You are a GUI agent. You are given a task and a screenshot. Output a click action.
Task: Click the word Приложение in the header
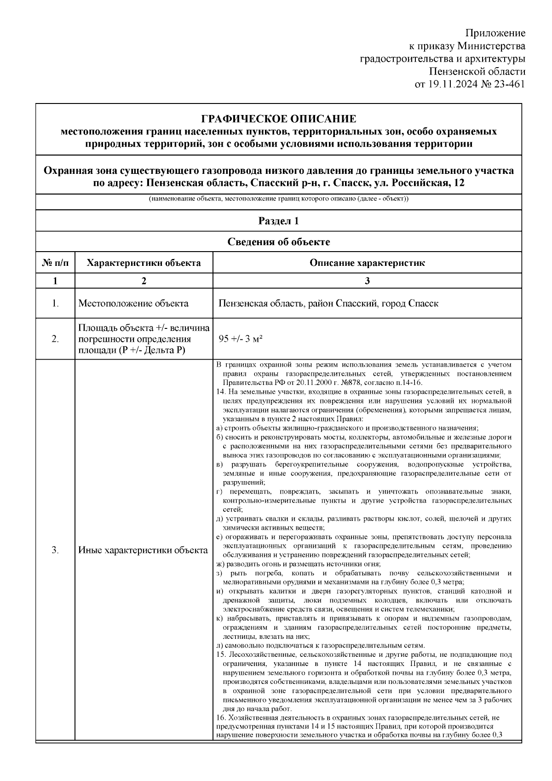[495, 33]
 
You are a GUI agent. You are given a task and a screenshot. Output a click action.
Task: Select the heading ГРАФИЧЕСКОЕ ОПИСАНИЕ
[279, 119]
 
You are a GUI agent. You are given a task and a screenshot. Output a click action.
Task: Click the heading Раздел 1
[279, 221]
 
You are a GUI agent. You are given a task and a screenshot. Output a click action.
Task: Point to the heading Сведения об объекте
[279, 242]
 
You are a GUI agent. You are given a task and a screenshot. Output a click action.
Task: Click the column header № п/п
[55, 263]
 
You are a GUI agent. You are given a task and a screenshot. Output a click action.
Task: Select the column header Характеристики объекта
[144, 263]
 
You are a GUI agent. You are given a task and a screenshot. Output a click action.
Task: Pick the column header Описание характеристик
[367, 263]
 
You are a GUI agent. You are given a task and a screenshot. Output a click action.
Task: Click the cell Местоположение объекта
[133, 304]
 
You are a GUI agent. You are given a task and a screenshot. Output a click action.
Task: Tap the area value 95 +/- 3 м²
[241, 339]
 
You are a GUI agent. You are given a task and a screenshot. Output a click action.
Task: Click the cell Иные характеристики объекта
[143, 550]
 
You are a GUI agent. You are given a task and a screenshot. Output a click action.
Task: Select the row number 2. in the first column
[55, 339]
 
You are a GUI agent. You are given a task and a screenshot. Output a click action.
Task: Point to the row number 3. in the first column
[55, 550]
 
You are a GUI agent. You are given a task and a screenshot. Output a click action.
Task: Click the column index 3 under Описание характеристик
[367, 281]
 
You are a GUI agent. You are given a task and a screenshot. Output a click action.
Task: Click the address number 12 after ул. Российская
[459, 183]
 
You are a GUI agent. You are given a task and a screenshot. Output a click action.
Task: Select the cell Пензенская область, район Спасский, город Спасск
[328, 304]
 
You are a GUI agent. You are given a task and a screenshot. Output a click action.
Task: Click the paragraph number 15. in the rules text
[220, 655]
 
